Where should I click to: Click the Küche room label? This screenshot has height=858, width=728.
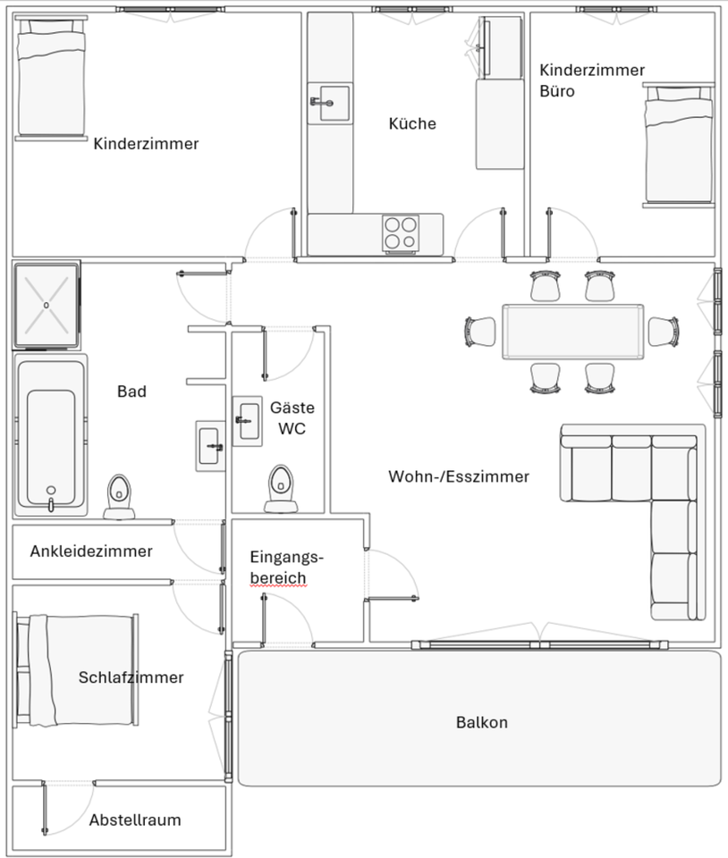point(412,124)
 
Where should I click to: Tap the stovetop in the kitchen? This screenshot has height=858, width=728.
point(401,232)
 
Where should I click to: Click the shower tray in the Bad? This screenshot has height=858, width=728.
point(47,305)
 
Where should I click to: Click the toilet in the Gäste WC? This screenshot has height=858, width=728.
point(282,488)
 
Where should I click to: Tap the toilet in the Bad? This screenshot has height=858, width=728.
point(119,497)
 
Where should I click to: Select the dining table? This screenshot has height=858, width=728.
point(572,332)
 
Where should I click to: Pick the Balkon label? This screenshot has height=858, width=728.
point(481,722)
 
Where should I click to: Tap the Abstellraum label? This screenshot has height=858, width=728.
point(135,820)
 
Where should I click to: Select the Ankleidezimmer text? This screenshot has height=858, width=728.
point(91,551)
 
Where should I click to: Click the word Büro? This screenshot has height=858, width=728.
point(557,91)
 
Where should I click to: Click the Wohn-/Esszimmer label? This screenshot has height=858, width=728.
point(458,476)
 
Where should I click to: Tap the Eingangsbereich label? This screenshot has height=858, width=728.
point(286,568)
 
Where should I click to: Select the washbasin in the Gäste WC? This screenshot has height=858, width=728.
point(247,419)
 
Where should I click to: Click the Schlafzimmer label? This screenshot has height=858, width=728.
point(131,677)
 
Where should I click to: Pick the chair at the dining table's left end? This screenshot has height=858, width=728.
point(480,332)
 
